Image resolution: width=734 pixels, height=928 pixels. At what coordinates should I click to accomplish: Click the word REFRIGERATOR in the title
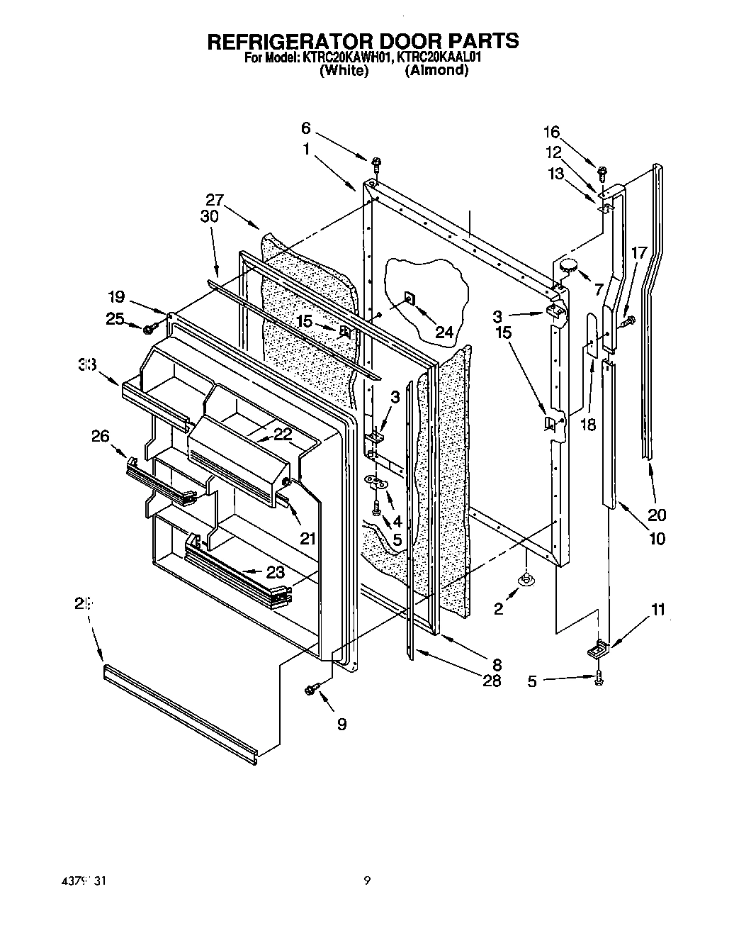(277, 41)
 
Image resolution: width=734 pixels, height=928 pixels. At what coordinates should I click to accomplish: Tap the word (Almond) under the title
(436, 71)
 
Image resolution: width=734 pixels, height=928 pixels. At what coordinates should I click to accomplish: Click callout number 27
(215, 201)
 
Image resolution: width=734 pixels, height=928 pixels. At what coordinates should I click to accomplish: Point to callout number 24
(444, 330)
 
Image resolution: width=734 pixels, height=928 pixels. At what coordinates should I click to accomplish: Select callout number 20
(657, 515)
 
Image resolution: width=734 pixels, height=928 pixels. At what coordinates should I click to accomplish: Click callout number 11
(659, 609)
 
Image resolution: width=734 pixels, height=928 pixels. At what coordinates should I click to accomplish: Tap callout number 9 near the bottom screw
(342, 724)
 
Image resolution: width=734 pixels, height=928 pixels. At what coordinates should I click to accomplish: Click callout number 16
(551, 132)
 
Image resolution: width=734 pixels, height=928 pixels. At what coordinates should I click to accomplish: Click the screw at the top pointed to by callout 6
(376, 163)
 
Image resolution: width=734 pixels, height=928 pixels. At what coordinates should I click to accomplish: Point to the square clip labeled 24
(410, 298)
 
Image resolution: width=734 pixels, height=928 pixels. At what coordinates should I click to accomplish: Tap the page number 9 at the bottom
(367, 881)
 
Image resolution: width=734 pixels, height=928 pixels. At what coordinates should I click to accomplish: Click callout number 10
(657, 539)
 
